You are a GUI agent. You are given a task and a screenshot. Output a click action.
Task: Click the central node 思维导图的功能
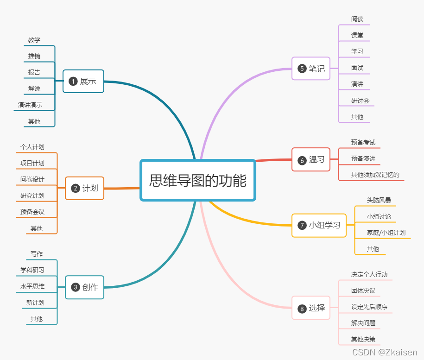coord(198,180)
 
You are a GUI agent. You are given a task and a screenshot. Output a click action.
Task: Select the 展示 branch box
coord(83,81)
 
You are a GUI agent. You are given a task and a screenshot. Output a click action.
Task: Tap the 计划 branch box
coord(85,188)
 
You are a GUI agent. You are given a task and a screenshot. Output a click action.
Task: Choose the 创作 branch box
coord(85,287)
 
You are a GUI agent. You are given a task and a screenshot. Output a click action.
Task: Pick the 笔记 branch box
coord(311,69)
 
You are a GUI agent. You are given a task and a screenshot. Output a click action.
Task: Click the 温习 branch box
coord(311,160)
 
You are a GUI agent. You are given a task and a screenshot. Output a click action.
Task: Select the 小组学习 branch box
coord(319,225)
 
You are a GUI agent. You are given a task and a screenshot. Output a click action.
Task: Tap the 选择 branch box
coord(311,308)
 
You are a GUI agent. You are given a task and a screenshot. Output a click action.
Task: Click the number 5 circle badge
coord(302,69)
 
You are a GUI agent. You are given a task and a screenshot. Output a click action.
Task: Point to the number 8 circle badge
coord(302,309)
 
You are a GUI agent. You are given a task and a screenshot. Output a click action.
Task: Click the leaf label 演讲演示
coord(30,105)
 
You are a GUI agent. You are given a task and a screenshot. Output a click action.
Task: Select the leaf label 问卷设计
coord(32,179)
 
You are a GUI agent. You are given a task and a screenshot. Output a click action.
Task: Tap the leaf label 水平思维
coord(32,286)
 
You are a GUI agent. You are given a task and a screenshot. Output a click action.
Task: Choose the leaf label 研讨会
coord(360,101)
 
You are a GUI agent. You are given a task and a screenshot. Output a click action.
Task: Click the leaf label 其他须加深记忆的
coord(375,175)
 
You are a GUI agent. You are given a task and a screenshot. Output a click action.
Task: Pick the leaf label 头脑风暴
coord(379,201)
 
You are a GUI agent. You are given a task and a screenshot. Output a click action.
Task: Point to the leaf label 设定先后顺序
coord(369,307)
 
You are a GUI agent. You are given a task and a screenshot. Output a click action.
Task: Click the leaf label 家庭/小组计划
coord(386,233)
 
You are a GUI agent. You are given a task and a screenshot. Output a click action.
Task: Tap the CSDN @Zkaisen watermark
coord(385,353)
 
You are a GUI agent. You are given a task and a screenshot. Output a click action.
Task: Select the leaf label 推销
coord(34,56)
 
